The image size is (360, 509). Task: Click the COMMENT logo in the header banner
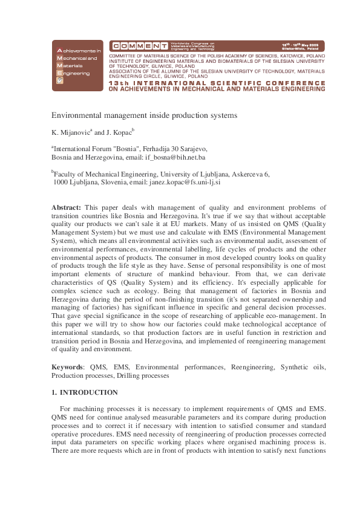tap(139, 46)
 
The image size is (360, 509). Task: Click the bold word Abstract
tap(66, 207)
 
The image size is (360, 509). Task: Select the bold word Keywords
tap(67, 367)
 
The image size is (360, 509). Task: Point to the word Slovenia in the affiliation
tap(113, 181)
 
